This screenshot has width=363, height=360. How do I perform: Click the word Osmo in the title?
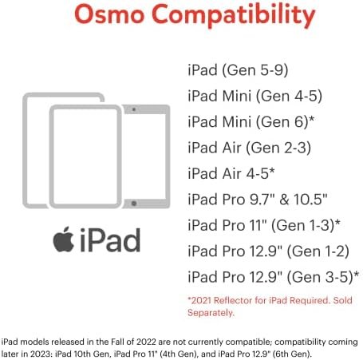109,14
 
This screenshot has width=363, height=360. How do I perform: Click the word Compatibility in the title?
233,16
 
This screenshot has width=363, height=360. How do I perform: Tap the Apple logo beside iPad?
64,239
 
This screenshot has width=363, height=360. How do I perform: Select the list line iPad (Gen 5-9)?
238,70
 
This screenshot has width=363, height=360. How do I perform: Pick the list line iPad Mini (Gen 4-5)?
254,96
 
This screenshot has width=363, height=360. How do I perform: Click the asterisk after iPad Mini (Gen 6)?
311,118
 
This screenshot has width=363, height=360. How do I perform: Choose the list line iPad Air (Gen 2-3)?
249,148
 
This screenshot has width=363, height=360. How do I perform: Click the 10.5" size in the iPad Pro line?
310,200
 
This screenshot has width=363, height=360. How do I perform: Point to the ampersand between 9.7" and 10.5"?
284,200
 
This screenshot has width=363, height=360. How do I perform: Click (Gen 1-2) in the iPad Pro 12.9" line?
318,251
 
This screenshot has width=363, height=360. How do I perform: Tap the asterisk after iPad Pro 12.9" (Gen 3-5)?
357,274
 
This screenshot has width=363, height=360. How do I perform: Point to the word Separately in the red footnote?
210,313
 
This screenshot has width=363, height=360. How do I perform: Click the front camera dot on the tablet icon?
134,109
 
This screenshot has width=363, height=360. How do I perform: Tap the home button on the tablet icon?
134,204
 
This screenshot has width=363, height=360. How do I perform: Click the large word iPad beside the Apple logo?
110,240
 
